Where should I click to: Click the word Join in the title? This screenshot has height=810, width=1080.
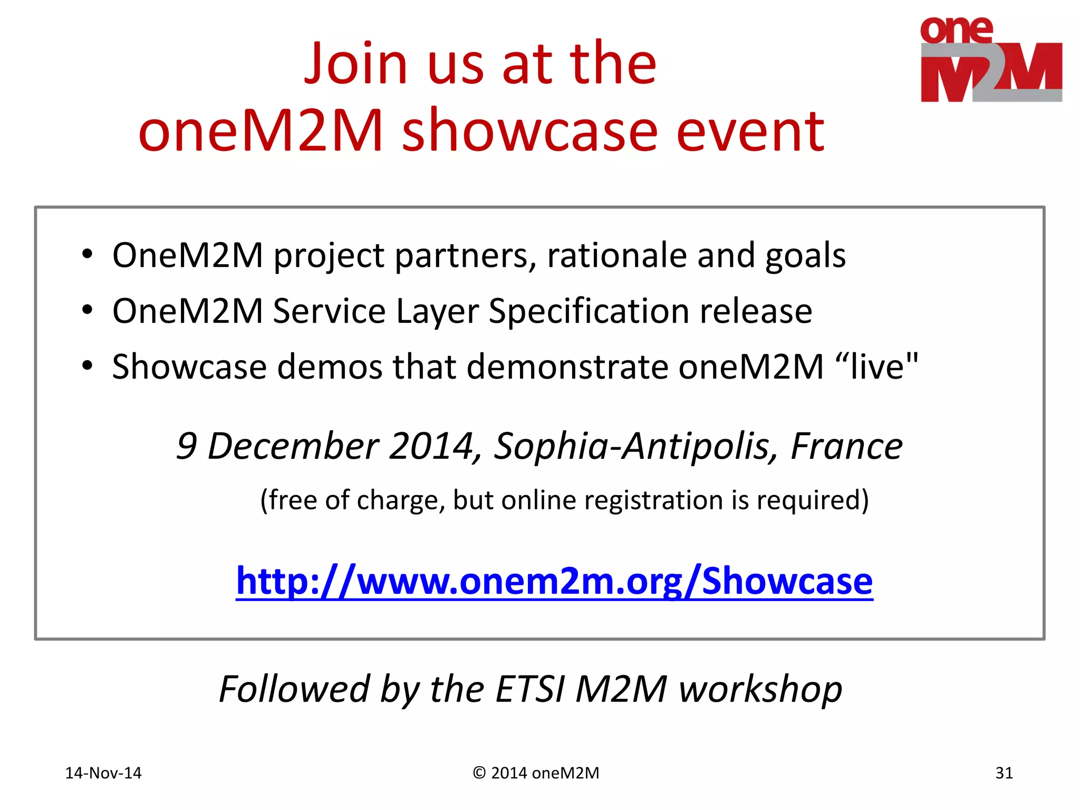tap(356, 64)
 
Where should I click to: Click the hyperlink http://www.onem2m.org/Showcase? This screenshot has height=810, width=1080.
tap(554, 581)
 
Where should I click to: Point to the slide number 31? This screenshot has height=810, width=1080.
tap(1004, 773)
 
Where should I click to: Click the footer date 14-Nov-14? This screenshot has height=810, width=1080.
tap(103, 773)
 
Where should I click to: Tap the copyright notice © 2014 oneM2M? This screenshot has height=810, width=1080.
tap(536, 773)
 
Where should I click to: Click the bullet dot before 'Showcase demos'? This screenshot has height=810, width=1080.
tap(87, 365)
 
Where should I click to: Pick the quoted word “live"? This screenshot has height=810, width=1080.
tap(876, 366)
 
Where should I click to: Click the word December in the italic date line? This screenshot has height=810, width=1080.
tap(293, 447)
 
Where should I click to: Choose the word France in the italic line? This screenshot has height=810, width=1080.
tap(846, 447)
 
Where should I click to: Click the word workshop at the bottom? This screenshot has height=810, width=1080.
tap(760, 690)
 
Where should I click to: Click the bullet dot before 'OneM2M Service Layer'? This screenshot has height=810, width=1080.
tap(87, 310)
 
